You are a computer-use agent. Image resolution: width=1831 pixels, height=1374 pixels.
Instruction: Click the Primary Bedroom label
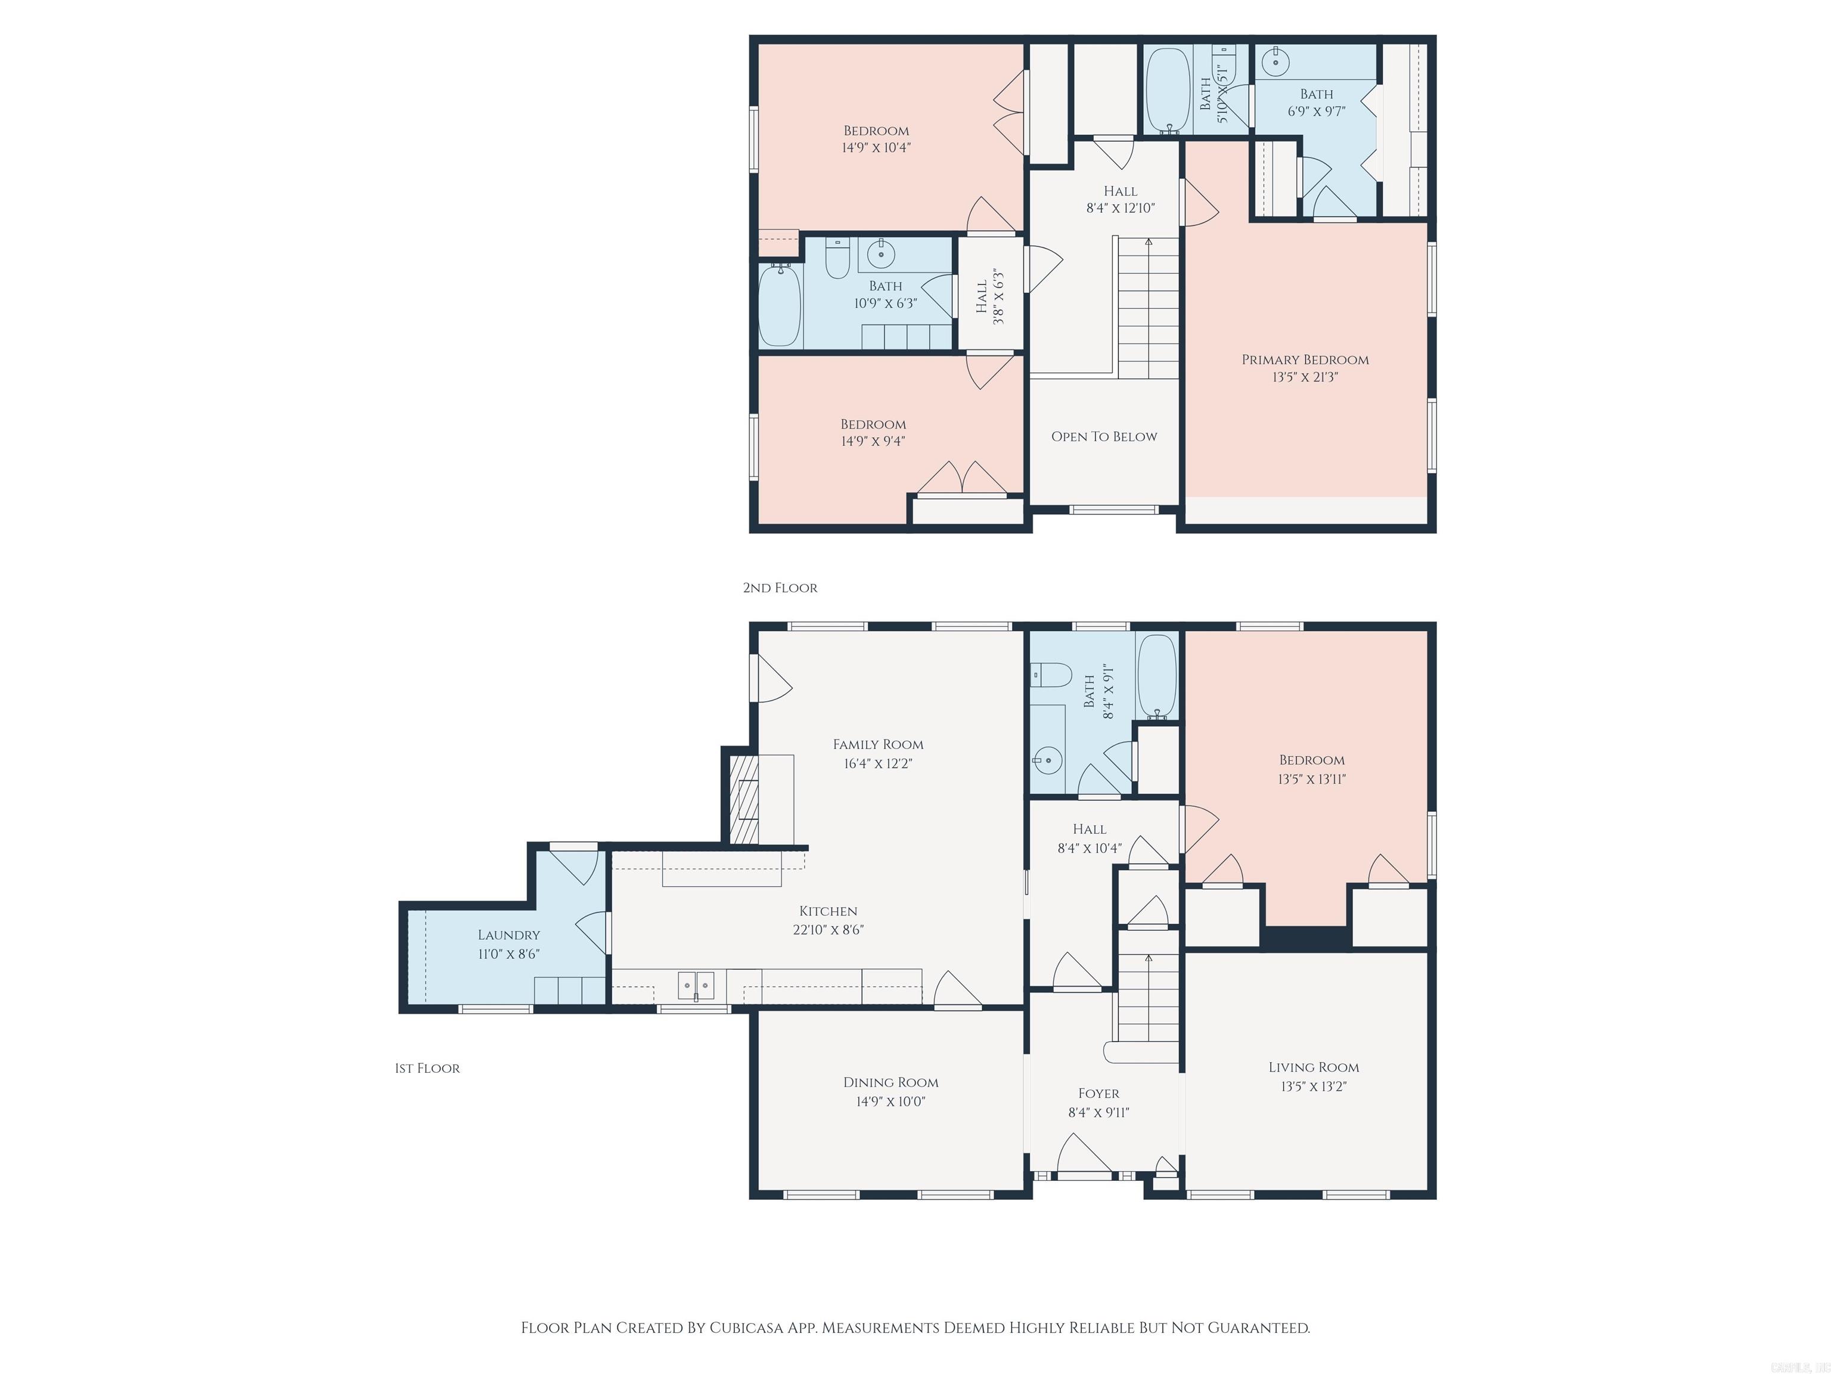(x=1305, y=360)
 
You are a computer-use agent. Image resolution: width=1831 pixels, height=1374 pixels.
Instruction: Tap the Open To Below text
(x=1103, y=437)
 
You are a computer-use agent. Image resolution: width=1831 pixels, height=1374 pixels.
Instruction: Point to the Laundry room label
(x=508, y=935)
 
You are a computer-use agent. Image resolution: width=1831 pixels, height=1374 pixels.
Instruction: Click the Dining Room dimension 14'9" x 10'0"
(x=890, y=1101)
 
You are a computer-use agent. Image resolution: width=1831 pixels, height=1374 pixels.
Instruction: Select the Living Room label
(x=1313, y=1067)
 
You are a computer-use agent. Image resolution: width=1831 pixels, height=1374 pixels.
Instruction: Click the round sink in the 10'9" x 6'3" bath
(x=882, y=253)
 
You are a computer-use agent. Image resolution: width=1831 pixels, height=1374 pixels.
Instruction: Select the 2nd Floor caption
(x=780, y=588)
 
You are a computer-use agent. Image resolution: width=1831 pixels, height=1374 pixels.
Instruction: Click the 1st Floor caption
(x=427, y=1069)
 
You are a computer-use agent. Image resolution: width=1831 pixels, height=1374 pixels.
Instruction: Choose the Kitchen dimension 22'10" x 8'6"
(x=828, y=929)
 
